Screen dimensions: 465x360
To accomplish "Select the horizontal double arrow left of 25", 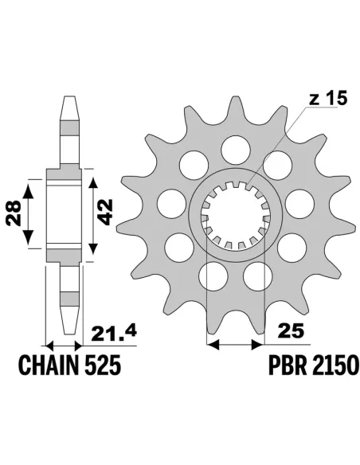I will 234,345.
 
